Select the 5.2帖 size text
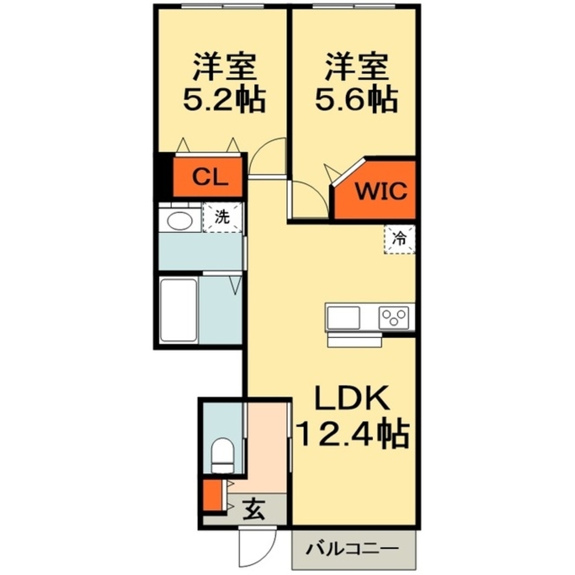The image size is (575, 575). pyautogui.click(x=224, y=101)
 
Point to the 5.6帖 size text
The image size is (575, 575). pyautogui.click(x=356, y=101)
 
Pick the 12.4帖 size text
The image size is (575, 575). pyautogui.click(x=352, y=435)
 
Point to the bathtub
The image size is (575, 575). pyautogui.click(x=178, y=310)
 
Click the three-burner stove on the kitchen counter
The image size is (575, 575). pyautogui.click(x=394, y=317)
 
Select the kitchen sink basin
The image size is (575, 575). pyautogui.click(x=343, y=317)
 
